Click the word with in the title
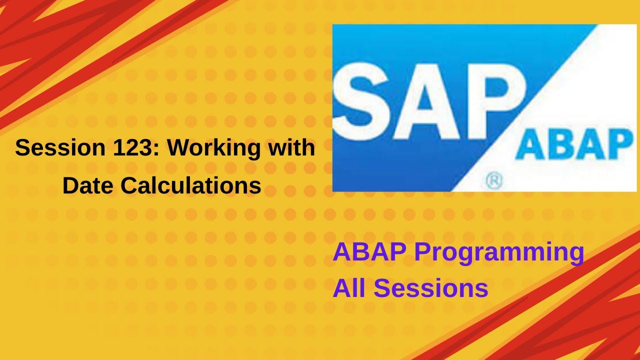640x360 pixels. click(295, 148)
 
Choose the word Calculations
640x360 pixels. click(191, 186)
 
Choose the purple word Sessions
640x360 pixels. click(431, 288)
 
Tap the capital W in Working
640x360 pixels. click(179, 148)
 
